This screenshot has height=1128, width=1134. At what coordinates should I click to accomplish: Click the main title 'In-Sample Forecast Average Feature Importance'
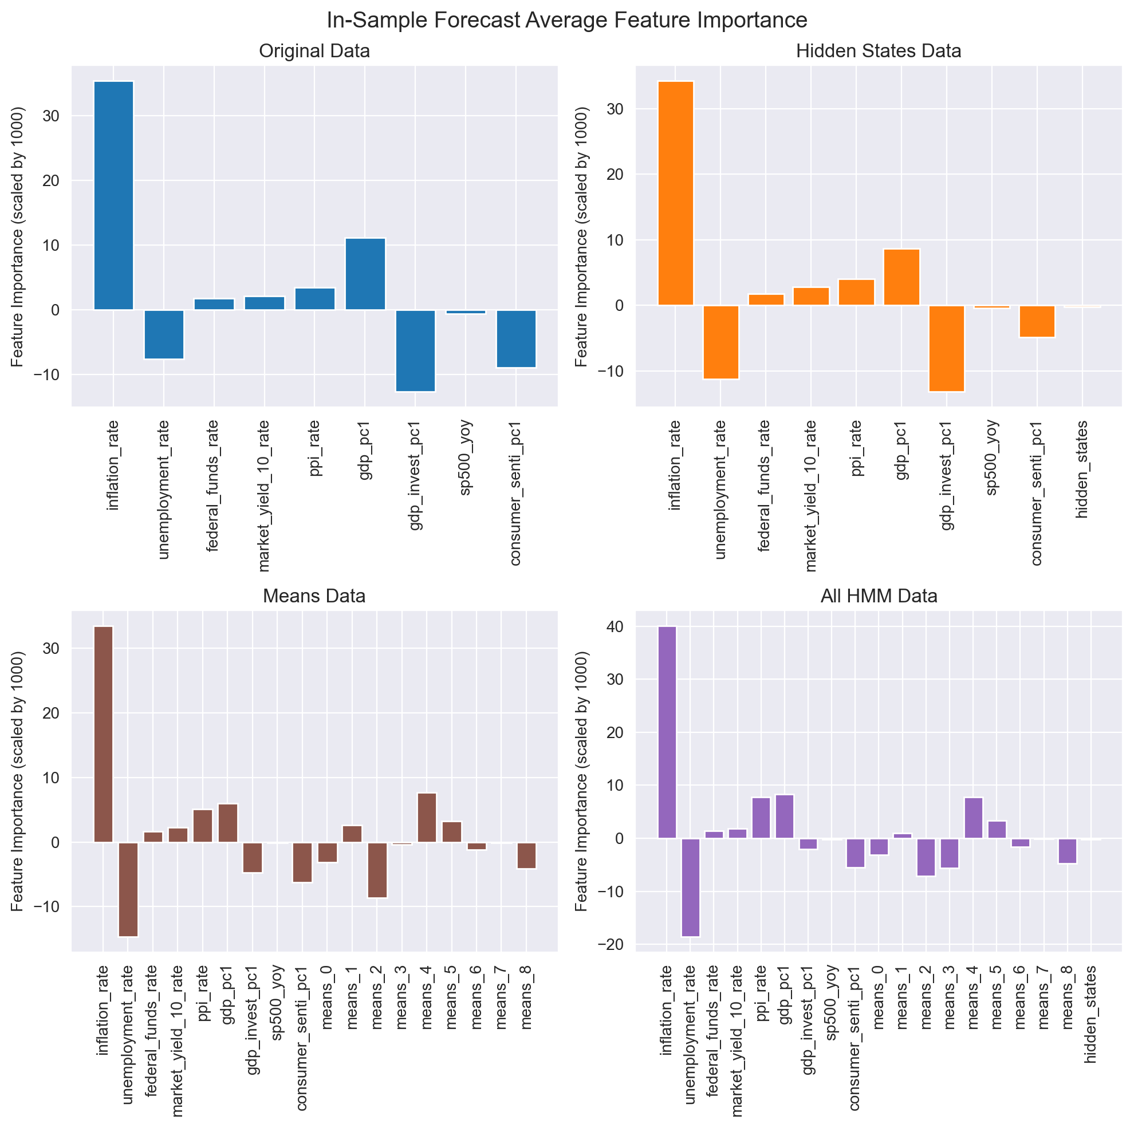pyautogui.click(x=566, y=21)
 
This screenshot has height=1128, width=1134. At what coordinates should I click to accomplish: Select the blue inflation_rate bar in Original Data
pyautogui.click(x=113, y=195)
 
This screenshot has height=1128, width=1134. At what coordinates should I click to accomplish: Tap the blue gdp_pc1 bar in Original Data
pyautogui.click(x=364, y=274)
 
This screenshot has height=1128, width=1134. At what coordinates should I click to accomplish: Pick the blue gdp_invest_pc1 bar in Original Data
pyautogui.click(x=415, y=350)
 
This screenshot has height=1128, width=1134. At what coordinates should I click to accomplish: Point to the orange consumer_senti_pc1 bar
pyautogui.click(x=1037, y=321)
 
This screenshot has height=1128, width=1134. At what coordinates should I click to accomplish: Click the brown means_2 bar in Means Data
pyautogui.click(x=377, y=870)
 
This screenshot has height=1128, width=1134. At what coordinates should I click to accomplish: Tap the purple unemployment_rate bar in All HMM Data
pyautogui.click(x=690, y=887)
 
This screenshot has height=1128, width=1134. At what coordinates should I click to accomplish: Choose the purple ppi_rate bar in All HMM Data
pyautogui.click(x=761, y=818)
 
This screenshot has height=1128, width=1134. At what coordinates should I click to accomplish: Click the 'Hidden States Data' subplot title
pyautogui.click(x=878, y=52)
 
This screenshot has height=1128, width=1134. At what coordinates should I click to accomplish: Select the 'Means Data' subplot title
pyautogui.click(x=314, y=596)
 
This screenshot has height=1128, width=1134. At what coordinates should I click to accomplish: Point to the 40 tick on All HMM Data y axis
pyautogui.click(x=616, y=627)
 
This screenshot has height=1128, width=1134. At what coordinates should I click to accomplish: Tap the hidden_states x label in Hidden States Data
pyautogui.click(x=1082, y=470)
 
